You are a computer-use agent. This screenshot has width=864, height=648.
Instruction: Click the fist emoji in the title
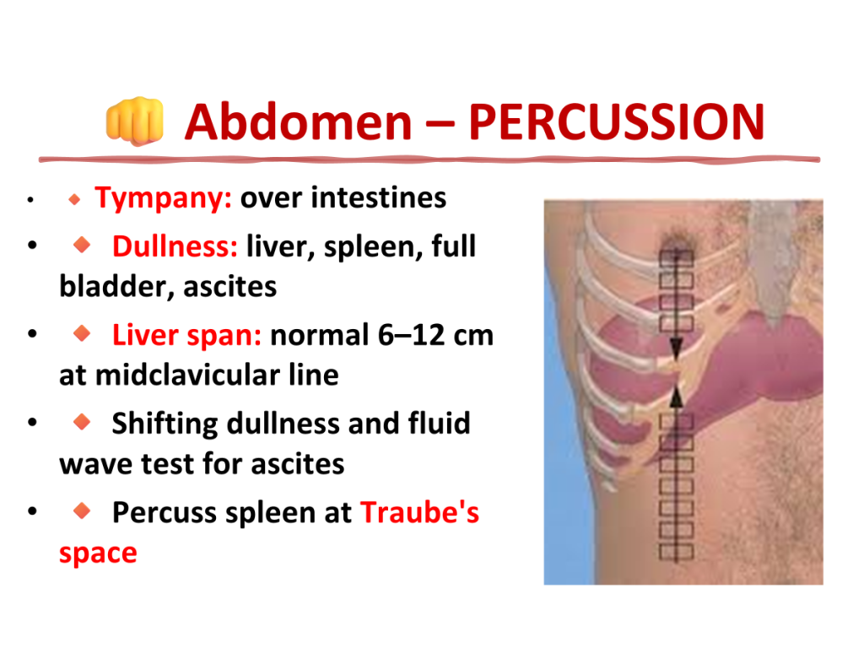[x=135, y=121]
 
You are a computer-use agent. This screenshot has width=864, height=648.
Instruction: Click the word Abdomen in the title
[x=298, y=122]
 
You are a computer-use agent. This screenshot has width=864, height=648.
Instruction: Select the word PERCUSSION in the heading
[x=617, y=122]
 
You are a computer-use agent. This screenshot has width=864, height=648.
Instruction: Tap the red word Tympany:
[x=163, y=198]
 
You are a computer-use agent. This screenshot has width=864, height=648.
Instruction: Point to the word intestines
[x=379, y=197]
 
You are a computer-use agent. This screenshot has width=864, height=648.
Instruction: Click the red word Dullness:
[x=175, y=246]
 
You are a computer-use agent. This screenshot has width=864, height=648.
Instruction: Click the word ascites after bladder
[x=229, y=287]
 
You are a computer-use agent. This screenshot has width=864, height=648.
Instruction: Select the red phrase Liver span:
[x=186, y=335]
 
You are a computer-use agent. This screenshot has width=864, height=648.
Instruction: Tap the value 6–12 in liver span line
[x=412, y=335]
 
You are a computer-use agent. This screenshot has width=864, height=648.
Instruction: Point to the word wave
[x=97, y=465]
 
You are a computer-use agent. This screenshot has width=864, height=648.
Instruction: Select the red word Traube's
[x=420, y=512]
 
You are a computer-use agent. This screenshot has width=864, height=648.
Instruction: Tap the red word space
[x=98, y=553]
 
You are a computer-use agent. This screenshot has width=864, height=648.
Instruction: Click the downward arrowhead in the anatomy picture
[x=676, y=349]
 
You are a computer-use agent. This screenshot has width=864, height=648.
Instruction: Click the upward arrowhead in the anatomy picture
[x=676, y=397]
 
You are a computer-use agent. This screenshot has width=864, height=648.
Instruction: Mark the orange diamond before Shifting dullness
[x=82, y=422]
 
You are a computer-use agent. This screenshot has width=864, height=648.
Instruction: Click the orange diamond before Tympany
[x=74, y=199]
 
